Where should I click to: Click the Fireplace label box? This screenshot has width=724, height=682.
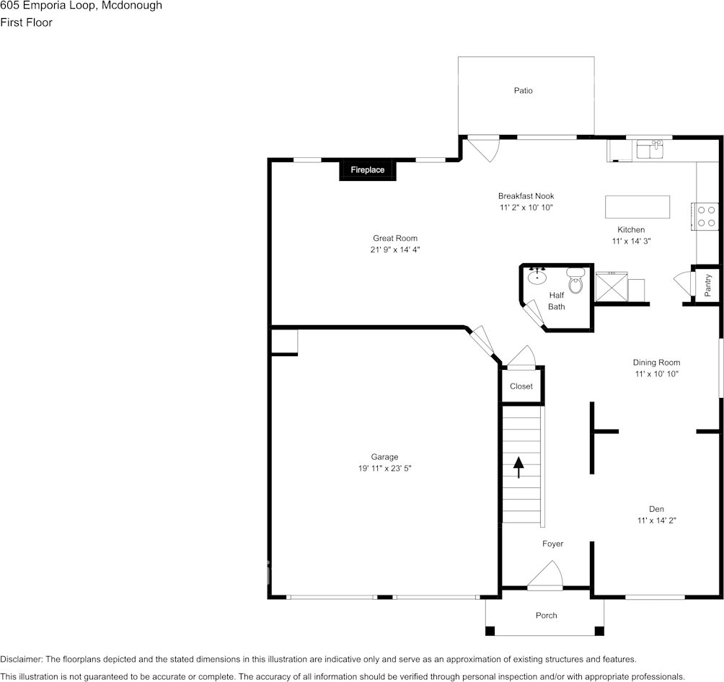click(368, 170)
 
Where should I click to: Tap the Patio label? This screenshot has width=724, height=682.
click(524, 91)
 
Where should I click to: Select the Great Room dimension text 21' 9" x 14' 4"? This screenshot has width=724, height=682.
click(394, 250)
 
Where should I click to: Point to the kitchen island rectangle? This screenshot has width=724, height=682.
click(637, 207)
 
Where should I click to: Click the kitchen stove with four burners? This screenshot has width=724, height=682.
click(707, 216)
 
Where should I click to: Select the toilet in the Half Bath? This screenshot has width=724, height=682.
click(575, 281)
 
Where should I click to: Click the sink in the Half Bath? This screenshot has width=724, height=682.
click(537, 275)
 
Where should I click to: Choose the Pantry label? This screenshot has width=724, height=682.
click(708, 285)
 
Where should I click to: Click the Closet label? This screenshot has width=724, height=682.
click(521, 386)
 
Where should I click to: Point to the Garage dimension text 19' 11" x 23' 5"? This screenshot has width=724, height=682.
click(384, 469)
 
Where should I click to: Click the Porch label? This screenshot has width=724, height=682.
click(546, 615)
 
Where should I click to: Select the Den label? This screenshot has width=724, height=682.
click(655, 508)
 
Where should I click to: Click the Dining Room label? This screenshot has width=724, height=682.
click(656, 363)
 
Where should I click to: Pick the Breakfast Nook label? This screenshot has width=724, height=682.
click(526, 196)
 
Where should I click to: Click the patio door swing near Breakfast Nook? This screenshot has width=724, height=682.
click(480, 149)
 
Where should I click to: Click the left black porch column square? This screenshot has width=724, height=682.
click(490, 631)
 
